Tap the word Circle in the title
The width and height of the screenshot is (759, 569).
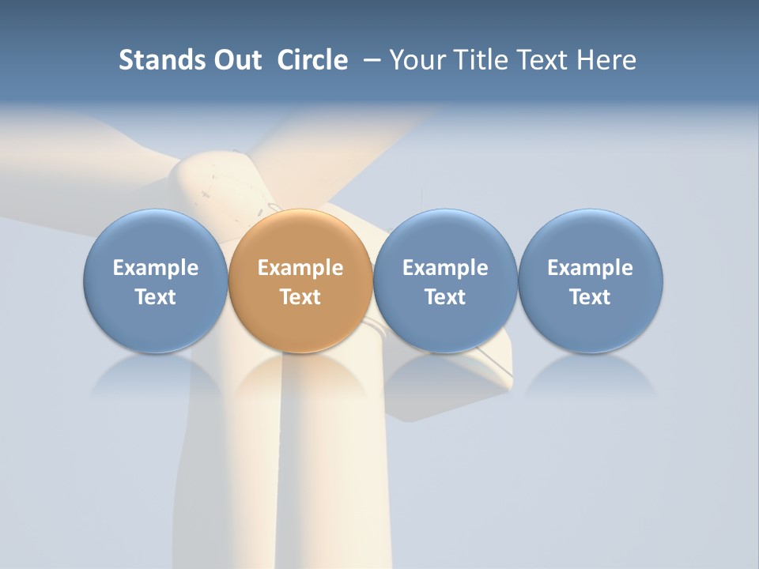[x=312, y=60]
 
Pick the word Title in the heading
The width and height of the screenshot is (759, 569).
[x=479, y=60]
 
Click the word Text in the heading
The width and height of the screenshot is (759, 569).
[x=542, y=60]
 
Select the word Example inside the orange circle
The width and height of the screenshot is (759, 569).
[x=300, y=268]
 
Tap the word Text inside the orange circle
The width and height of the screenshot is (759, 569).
[x=300, y=297]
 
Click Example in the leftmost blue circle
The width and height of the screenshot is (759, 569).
[x=156, y=268]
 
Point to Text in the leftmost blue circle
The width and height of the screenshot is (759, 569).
[x=156, y=297]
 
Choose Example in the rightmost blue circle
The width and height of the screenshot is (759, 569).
[x=591, y=268]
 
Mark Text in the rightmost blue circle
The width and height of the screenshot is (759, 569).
[x=591, y=297]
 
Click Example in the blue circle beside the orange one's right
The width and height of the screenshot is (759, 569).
[x=445, y=268]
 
